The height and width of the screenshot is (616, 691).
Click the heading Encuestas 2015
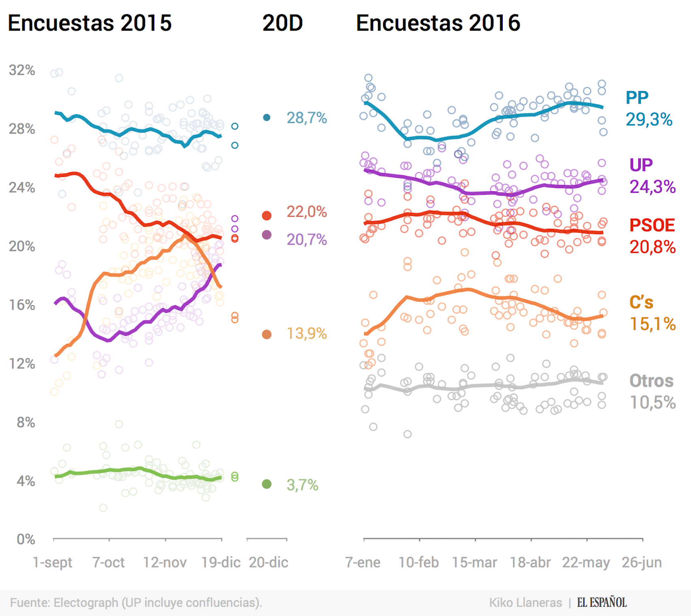(x=90, y=23)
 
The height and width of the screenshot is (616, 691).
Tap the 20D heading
(x=282, y=23)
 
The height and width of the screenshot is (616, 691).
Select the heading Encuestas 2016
(x=438, y=23)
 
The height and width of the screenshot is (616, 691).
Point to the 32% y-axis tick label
(x=22, y=70)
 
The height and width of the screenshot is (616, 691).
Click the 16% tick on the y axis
(x=22, y=305)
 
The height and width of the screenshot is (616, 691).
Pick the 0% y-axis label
(x=26, y=539)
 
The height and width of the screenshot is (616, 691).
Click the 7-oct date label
(x=108, y=563)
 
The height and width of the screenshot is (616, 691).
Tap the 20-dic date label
(x=268, y=563)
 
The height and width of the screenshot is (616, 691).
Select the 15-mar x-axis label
(x=474, y=563)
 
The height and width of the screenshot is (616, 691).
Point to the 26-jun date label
(x=642, y=563)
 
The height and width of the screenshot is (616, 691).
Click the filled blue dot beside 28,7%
(x=267, y=117)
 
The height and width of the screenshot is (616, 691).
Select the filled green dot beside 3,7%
(x=267, y=484)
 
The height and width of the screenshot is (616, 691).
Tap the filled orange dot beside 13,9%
(x=267, y=334)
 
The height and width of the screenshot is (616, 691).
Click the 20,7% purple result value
(x=307, y=240)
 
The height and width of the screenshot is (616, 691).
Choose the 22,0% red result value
(x=307, y=212)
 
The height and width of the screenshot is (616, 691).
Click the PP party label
(x=637, y=98)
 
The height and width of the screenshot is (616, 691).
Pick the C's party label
(x=641, y=302)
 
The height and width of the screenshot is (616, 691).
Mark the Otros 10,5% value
(x=652, y=403)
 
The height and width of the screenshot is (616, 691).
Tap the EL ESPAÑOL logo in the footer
(x=601, y=603)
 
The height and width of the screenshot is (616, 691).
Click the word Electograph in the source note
(x=86, y=603)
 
